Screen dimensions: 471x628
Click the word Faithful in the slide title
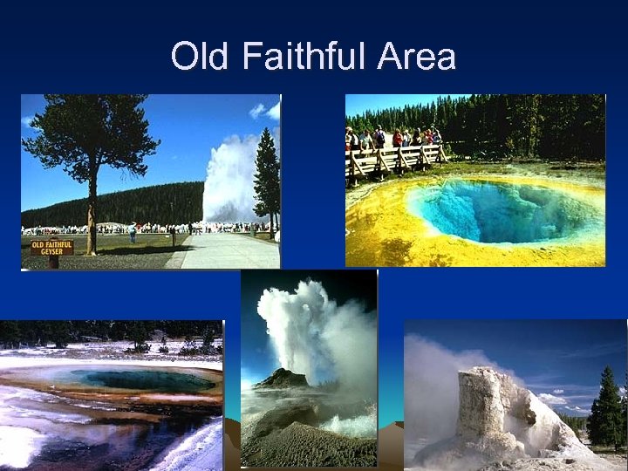click(294, 58)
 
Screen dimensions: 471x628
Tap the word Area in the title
click(417, 58)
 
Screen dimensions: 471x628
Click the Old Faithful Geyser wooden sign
click(52, 247)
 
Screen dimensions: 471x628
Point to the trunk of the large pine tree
click(91, 209)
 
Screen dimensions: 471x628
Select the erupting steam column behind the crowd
click(229, 179)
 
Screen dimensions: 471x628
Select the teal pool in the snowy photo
click(140, 379)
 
